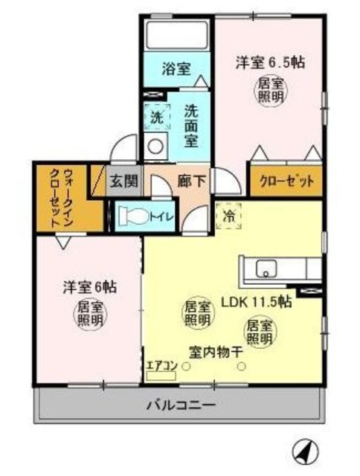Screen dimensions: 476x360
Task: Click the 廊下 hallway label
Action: click(191, 179)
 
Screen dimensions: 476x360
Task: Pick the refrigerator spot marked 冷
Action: click(227, 216)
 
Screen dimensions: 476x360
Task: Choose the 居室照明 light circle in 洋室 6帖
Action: click(89, 315)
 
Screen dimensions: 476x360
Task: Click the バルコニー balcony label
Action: click(181, 406)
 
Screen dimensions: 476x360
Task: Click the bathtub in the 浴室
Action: click(176, 36)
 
